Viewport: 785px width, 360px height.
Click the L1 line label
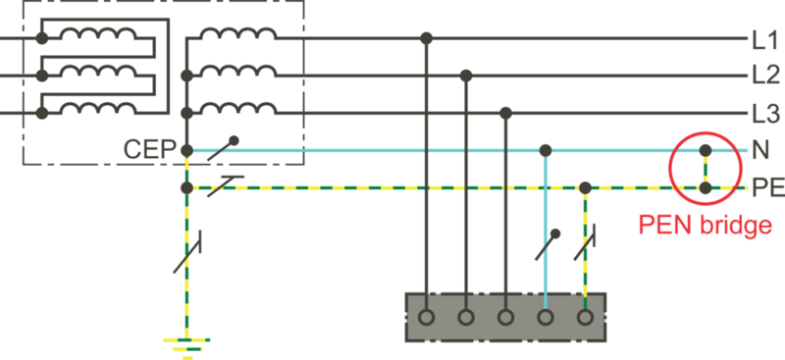point(764,40)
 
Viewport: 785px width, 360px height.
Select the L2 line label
point(764,76)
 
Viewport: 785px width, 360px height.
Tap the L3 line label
point(764,112)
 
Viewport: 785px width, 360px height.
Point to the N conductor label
point(759,151)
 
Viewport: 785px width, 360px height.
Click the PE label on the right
point(764,186)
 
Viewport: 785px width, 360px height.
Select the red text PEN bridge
point(705,225)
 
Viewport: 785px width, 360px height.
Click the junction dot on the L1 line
point(426,39)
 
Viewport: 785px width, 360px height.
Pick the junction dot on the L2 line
point(466,76)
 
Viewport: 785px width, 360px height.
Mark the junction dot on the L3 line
point(505,112)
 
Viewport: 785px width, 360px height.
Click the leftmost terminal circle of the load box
point(426,318)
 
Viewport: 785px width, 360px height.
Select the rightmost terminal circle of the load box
point(585,318)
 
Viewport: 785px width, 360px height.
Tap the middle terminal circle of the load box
point(505,318)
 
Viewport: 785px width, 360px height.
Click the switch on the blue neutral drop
point(548,243)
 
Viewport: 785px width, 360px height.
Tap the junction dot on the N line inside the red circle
point(705,151)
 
